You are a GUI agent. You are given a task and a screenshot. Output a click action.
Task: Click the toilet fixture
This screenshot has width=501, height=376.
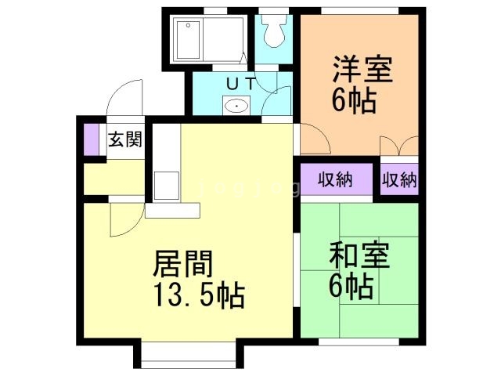pos(273,31)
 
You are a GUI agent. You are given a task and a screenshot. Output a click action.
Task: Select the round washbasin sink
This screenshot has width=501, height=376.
pos(234,105)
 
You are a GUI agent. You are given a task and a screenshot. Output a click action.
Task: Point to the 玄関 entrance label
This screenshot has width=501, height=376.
pos(125,140)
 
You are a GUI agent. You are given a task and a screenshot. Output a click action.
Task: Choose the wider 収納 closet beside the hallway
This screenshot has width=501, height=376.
pos(335,179)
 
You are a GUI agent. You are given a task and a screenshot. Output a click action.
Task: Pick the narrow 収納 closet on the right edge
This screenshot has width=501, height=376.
pos(398,179)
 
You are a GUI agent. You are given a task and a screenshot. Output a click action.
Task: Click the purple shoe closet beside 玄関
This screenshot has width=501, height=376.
pos(92,140)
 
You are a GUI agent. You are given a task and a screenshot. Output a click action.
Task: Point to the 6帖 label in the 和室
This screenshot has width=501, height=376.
pos(350,287)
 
